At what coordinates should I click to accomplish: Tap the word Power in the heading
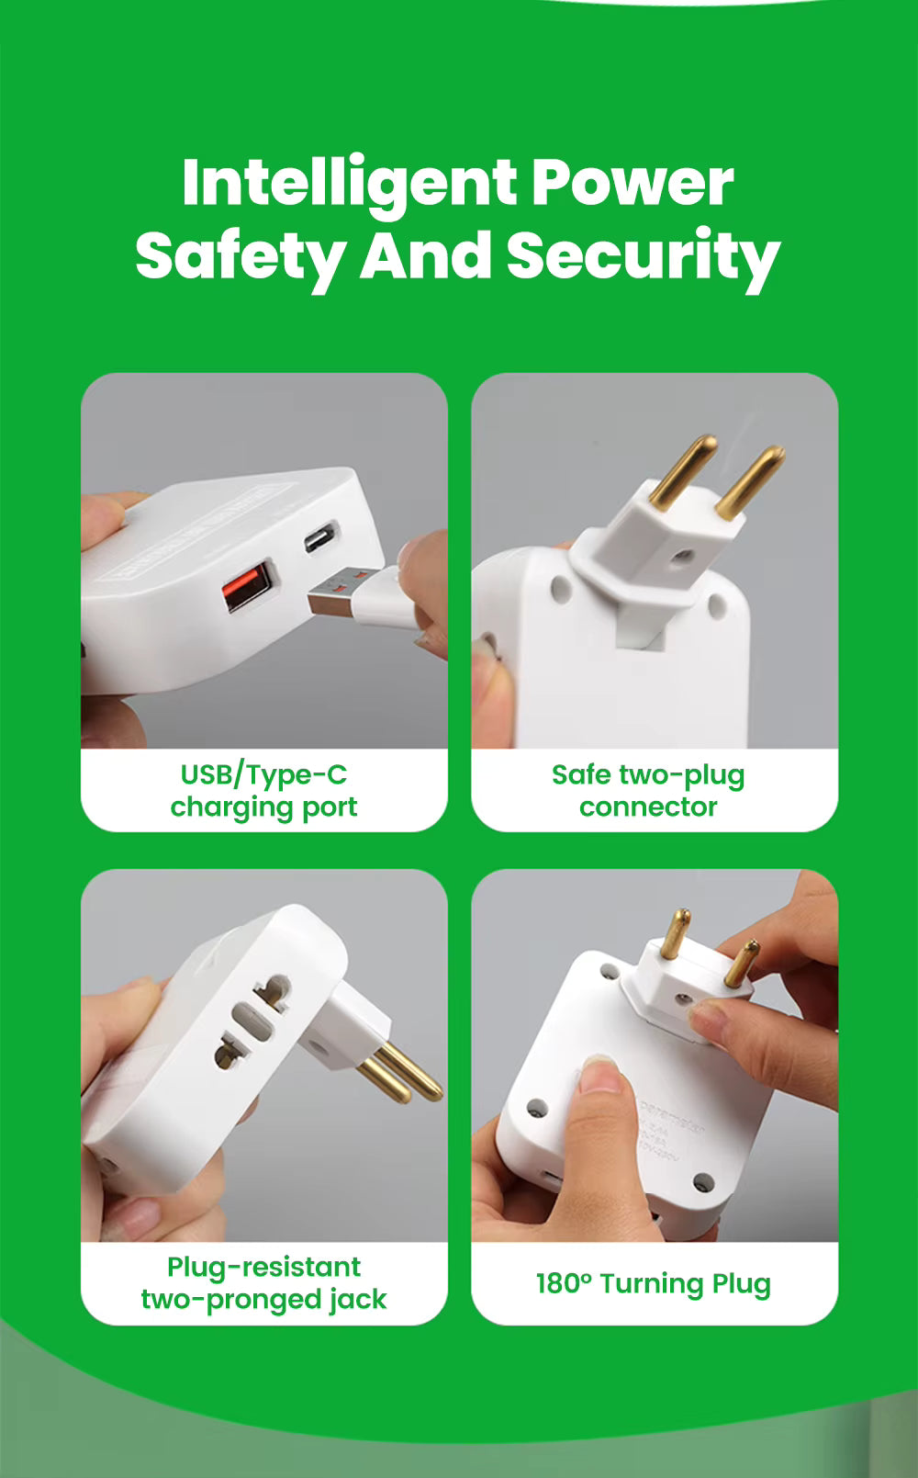pos(633,183)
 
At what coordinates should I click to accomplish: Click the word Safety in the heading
pos(241,255)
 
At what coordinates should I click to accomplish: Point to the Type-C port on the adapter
pos(321,537)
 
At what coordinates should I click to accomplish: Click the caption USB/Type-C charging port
pos(264,790)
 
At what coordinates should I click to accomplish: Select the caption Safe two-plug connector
pos(648,790)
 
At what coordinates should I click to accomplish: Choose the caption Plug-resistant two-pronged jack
pos(264,1282)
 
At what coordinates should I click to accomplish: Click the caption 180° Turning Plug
pos(653,1283)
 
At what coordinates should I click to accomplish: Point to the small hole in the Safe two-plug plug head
pos(679,556)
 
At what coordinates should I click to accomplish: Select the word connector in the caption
pos(648,807)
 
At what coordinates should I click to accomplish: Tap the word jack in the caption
pos(359,1299)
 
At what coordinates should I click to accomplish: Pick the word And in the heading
pos(425,255)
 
